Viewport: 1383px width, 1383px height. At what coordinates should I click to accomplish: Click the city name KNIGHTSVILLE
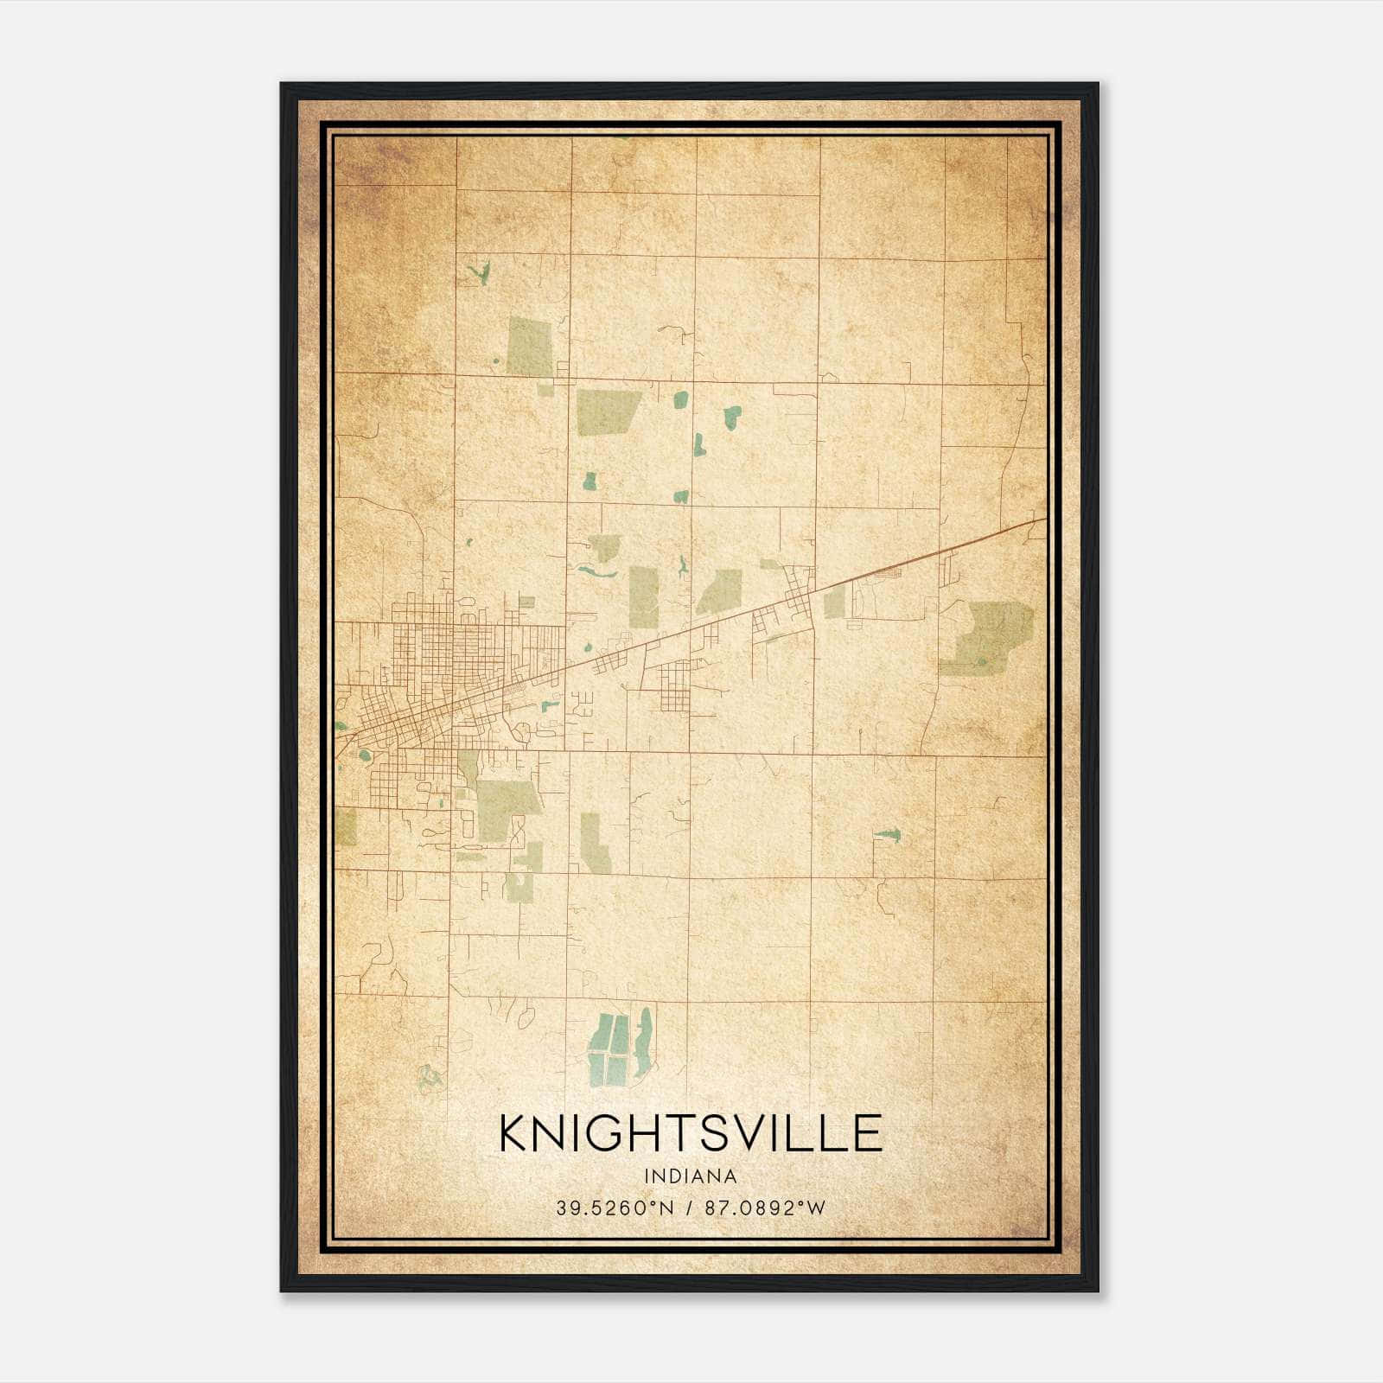pyautogui.click(x=691, y=1133)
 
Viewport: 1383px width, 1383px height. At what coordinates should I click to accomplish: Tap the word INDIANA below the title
pyautogui.click(x=691, y=1176)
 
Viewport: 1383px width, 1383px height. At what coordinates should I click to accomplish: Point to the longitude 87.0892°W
pyautogui.click(x=765, y=1208)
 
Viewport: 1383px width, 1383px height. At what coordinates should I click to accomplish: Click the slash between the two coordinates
pyautogui.click(x=689, y=1208)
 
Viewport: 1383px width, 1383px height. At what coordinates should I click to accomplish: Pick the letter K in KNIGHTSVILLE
pyautogui.click(x=515, y=1133)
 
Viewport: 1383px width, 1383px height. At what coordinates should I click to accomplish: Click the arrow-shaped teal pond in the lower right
pyautogui.click(x=888, y=835)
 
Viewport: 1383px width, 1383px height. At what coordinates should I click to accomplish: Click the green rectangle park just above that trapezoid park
pyautogui.click(x=529, y=346)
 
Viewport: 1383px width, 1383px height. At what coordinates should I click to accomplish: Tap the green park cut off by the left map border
pyautogui.click(x=346, y=826)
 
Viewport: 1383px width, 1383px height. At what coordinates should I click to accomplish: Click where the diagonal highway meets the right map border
pyautogui.click(x=1045, y=519)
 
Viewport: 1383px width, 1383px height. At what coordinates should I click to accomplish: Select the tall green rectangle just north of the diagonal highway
pyautogui.click(x=643, y=596)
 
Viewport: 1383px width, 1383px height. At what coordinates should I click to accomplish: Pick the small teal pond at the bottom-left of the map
pyautogui.click(x=428, y=1077)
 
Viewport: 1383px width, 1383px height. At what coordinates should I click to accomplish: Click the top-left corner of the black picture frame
pyautogui.click(x=282, y=85)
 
